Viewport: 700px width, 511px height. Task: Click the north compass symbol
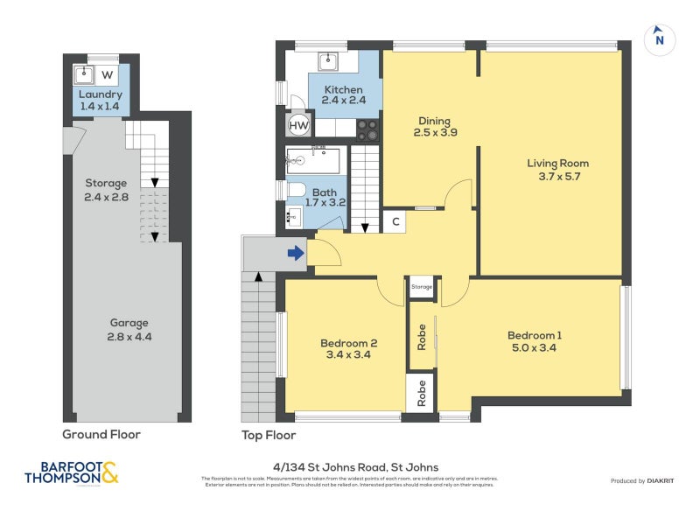[x=660, y=39]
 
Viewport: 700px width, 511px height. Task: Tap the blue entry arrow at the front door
[x=296, y=254]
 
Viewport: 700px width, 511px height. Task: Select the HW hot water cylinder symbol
[x=298, y=126]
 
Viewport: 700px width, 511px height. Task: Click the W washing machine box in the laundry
[x=106, y=75]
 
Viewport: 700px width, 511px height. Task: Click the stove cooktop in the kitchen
[x=367, y=129]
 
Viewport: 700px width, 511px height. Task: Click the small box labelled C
[x=395, y=221]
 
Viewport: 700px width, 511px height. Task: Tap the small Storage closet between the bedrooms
[x=422, y=287]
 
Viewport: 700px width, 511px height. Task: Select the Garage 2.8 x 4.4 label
[x=129, y=329]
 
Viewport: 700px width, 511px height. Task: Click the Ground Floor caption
[x=101, y=434]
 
